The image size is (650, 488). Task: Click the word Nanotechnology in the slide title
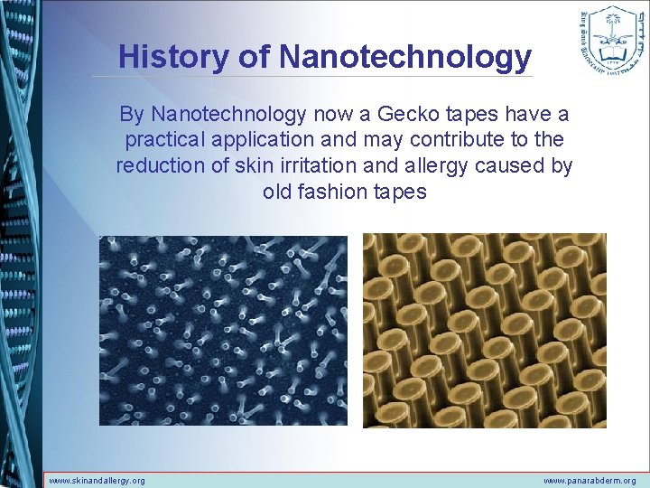(x=405, y=57)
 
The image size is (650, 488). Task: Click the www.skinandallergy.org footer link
(x=97, y=481)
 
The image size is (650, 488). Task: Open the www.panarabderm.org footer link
(x=590, y=481)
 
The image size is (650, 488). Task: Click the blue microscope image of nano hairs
(x=223, y=330)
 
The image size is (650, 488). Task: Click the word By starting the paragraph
(x=132, y=115)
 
